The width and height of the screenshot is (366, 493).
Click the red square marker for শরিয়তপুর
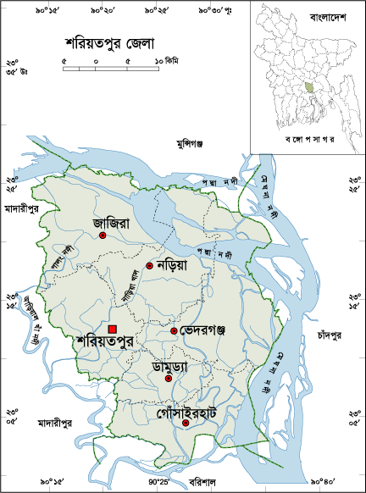point(113,330)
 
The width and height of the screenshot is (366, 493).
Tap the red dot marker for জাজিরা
point(102,236)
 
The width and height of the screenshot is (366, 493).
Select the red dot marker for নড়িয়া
point(149,266)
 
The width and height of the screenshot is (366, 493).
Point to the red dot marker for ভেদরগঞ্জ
point(174,330)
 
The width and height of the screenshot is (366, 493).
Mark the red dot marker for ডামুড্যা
point(168,379)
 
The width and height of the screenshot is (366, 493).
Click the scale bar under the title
point(111,67)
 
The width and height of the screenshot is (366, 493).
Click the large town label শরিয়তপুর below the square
point(106,343)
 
